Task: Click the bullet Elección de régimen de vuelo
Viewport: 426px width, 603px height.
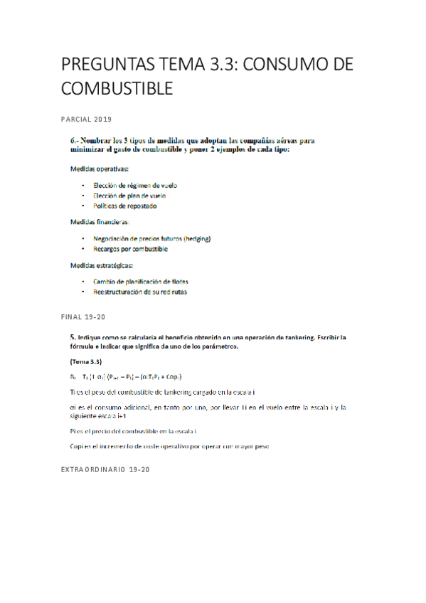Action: tap(135, 185)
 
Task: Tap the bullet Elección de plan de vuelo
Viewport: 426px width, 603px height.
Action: tap(129, 196)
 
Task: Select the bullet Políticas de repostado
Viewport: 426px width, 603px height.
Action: tap(124, 206)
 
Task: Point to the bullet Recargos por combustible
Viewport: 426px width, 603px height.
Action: tap(130, 249)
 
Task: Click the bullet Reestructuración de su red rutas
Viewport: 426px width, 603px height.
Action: tap(139, 292)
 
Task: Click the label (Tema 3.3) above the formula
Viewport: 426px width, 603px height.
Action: tap(85, 361)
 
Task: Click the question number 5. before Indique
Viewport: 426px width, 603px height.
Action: tap(73, 336)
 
